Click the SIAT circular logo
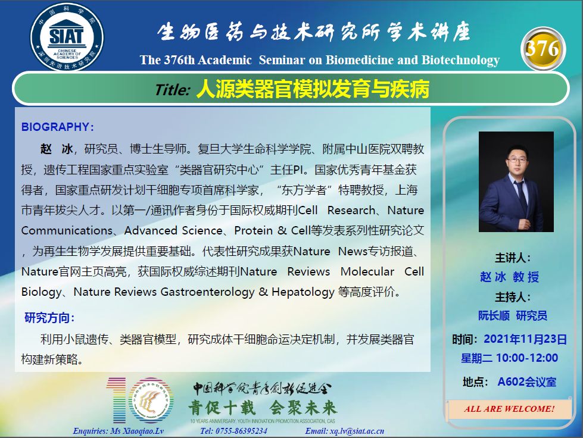pos(67,37)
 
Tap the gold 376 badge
pos(543,49)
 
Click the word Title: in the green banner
pos(173,89)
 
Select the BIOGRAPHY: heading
pos(58,127)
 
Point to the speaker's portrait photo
pos(516,182)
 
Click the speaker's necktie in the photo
pos(521,197)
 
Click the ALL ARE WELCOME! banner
pos(509,409)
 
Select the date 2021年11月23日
pos(525,339)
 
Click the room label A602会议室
pos(527,382)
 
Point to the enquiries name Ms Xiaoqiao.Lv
pos(137,431)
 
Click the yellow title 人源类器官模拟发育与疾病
pos(313,89)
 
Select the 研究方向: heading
pos(49,318)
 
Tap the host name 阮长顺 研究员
pos(512,316)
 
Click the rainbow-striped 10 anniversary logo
pos(140,401)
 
